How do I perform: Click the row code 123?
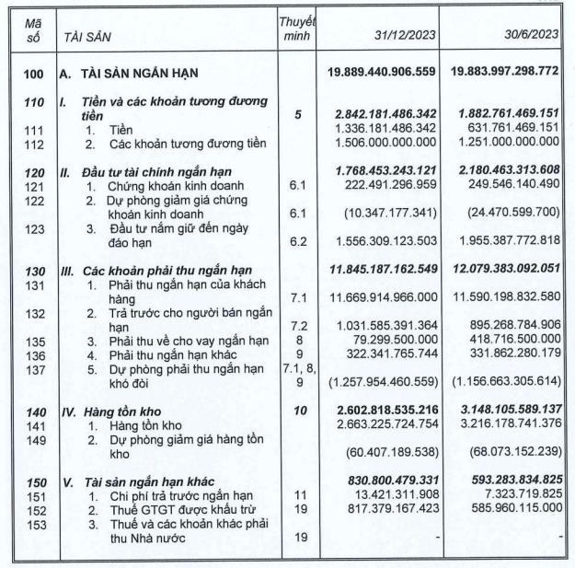(34, 228)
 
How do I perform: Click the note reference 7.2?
(297, 327)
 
